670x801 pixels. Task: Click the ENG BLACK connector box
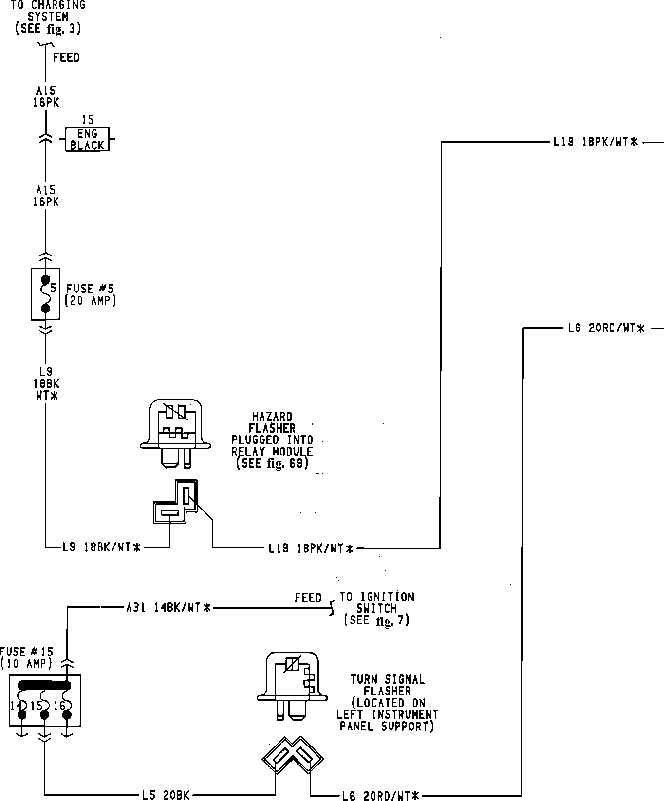pos(87,139)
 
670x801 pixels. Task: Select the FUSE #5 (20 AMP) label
pos(91,294)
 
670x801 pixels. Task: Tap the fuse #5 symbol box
pos(45,294)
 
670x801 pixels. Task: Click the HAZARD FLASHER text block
pos(272,440)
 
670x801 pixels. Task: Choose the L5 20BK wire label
pos(166,795)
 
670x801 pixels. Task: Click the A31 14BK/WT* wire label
pos(168,608)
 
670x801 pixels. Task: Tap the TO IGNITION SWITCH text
pos(376,608)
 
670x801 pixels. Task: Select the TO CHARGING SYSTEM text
pos(48,18)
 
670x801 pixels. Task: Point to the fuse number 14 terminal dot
pos(22,715)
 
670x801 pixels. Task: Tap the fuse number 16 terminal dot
pos(67,714)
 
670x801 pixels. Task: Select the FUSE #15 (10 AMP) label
pos(27,657)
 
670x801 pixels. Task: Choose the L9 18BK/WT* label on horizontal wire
pos(101,548)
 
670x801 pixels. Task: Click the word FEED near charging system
pos(66,57)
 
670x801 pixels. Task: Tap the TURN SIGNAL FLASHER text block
pos(387,702)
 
